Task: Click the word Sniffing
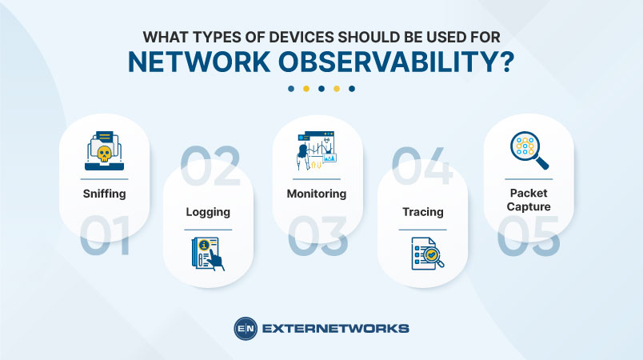pos(105,193)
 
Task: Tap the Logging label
pos(208,212)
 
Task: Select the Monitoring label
pos(317,193)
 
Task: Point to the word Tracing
pos(422,212)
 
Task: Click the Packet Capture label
pos(529,199)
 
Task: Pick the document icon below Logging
pos(208,252)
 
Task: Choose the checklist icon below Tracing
pos(422,252)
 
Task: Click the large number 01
pos(105,238)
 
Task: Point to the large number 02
pos(210,164)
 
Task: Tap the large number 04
pos(421,164)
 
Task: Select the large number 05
pos(529,238)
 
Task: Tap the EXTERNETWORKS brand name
pos(335,328)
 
